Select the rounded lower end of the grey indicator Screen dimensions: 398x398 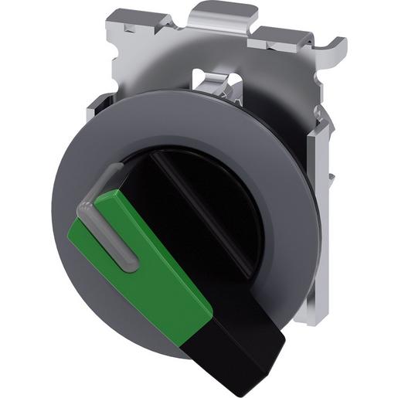pyautogui.click(x=131, y=265)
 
